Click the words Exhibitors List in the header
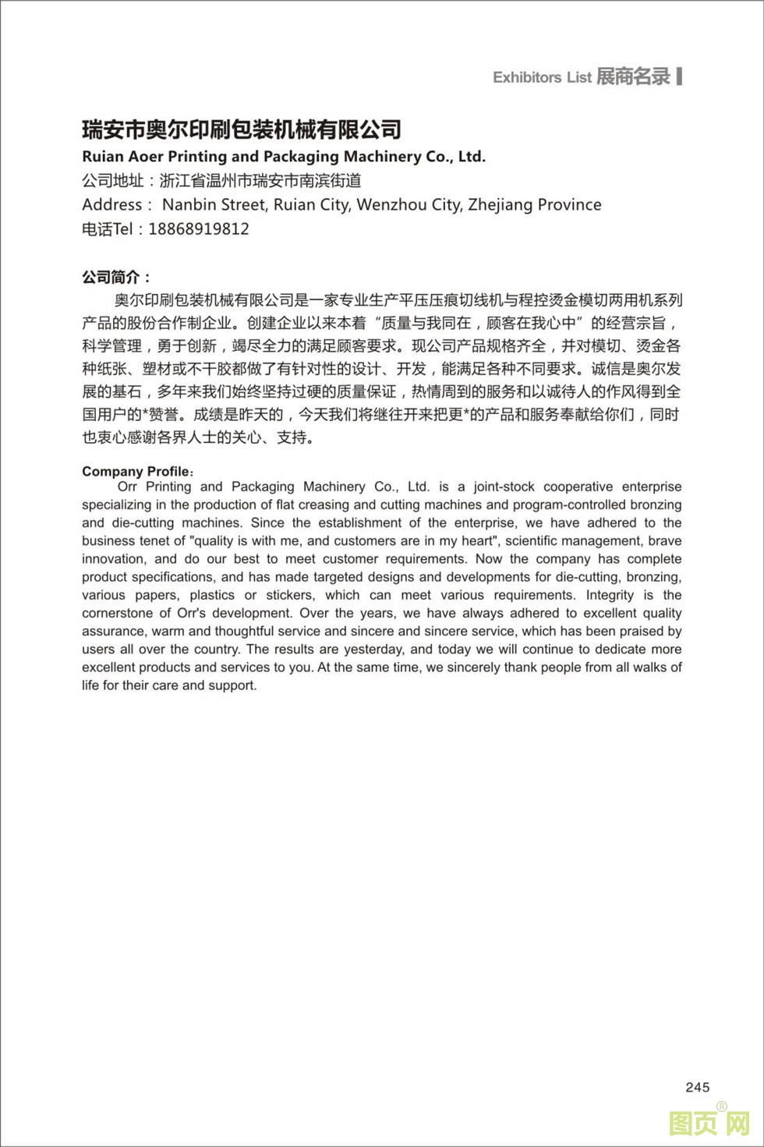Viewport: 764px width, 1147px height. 542,77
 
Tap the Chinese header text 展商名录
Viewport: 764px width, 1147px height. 633,76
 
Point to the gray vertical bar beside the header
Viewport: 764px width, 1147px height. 680,76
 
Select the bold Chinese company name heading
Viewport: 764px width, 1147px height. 242,129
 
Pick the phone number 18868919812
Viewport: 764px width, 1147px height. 198,229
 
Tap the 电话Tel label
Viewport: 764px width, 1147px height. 108,229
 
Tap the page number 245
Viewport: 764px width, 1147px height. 698,1088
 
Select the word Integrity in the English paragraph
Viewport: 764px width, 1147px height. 610,595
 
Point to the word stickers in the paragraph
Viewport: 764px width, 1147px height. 290,595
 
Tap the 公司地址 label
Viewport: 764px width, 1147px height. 113,181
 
